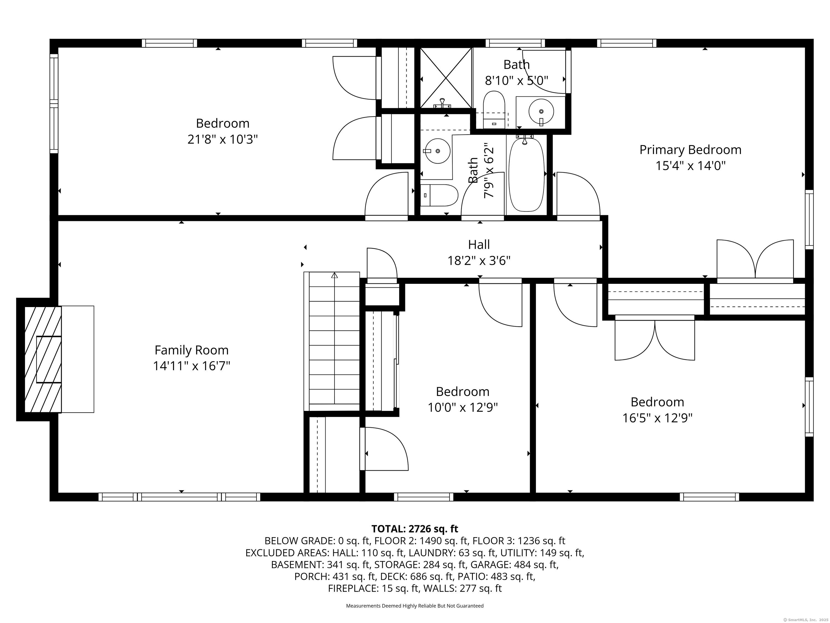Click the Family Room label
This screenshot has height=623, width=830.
[191, 350]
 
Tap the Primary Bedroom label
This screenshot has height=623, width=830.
[690, 150]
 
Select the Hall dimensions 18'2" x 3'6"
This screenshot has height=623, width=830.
[479, 260]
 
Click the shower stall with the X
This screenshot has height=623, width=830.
[445, 78]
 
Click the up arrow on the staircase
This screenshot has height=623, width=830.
[334, 275]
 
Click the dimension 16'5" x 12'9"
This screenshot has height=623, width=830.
[657, 418]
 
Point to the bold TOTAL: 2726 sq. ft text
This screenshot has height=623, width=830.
[415, 529]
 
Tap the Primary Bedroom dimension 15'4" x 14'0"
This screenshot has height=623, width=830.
[690, 166]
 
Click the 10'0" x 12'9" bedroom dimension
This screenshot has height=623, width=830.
[463, 408]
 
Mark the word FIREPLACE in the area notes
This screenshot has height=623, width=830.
[353, 588]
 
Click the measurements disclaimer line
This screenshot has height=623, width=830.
[415, 606]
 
